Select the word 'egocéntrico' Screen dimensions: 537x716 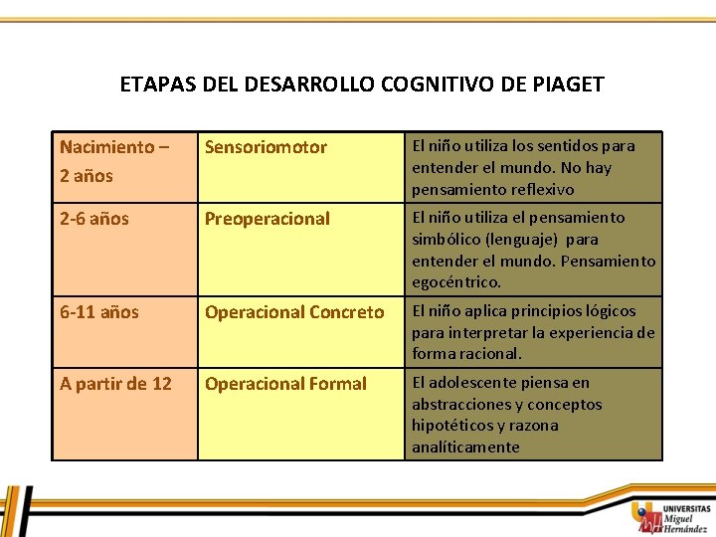coord(454,282)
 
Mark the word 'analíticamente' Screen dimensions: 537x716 coord(465,447)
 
